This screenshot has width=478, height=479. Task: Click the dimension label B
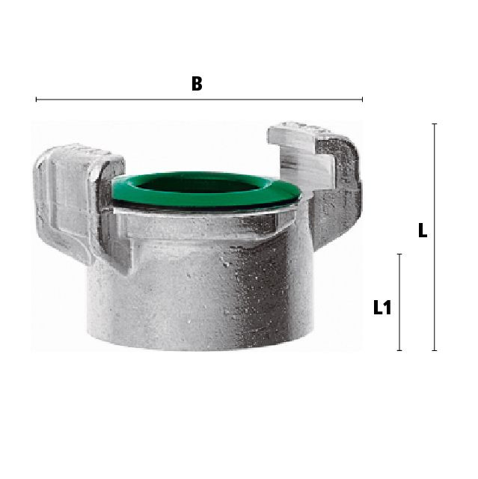coord(197,83)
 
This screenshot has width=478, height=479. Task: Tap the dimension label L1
coord(382,308)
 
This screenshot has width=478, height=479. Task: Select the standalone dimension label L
coord(423,231)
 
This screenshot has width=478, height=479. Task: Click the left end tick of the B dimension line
coord(37,100)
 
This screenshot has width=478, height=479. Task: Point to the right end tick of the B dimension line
coord(362,100)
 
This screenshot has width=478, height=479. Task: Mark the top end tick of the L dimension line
coord(435,124)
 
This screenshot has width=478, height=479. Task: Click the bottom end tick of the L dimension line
coord(435,350)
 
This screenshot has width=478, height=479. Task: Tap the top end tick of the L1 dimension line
coord(399,254)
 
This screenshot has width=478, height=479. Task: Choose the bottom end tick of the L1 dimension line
coord(399,350)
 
